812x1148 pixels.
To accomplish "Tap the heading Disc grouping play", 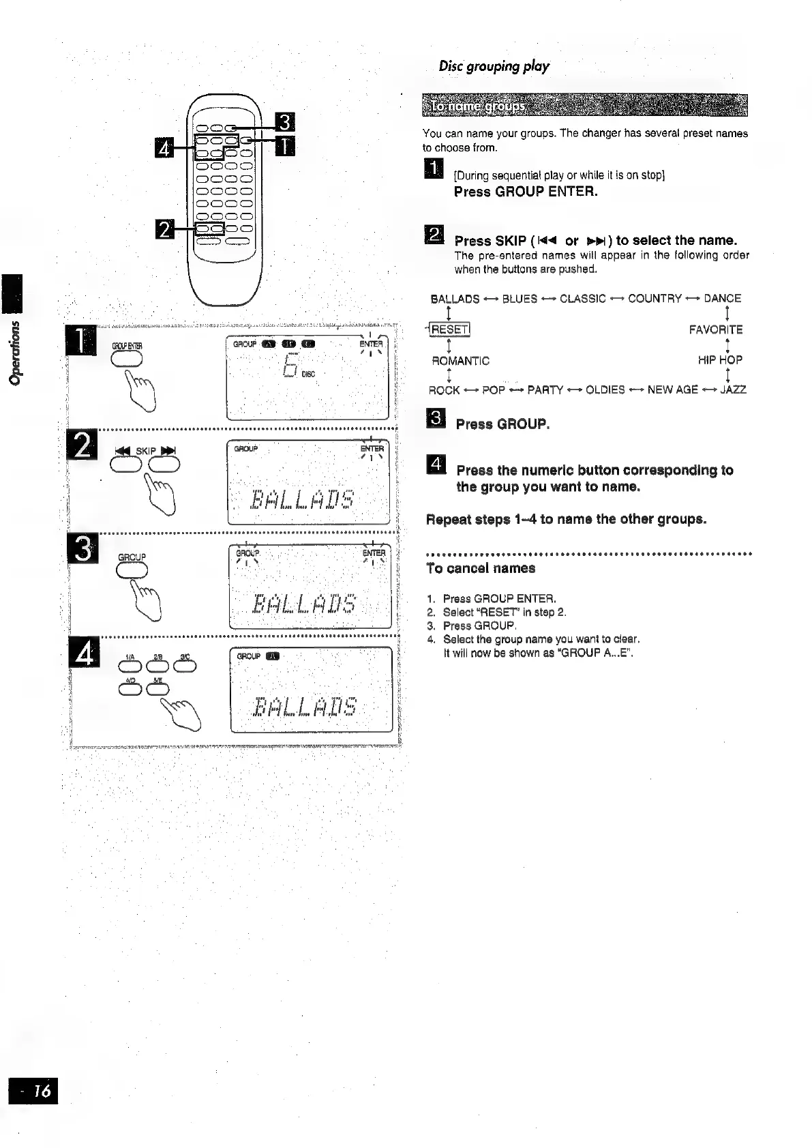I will (x=494, y=66).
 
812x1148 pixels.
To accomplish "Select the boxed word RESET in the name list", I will (x=449, y=330).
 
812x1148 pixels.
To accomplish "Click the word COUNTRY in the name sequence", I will (x=655, y=298).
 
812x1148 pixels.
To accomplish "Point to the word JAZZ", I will (x=733, y=389).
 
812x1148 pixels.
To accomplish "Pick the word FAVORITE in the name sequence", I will (x=716, y=330).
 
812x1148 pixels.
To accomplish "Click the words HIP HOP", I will (x=720, y=359).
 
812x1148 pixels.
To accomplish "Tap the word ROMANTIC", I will (x=461, y=360).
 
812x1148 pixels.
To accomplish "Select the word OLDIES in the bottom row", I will (x=605, y=389).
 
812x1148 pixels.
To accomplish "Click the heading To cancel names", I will (x=481, y=568).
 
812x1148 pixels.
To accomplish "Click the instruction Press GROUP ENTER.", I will (x=526, y=192).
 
